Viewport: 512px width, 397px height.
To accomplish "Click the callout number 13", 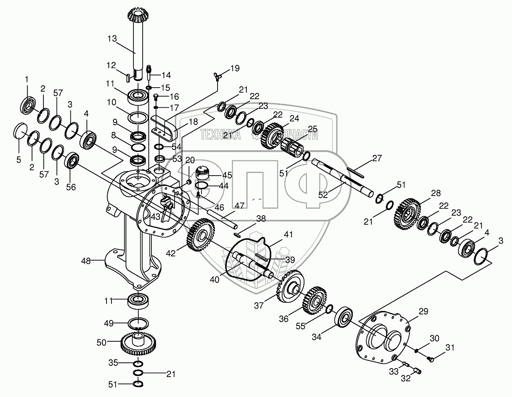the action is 112,39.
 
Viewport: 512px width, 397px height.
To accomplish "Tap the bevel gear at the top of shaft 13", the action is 135,16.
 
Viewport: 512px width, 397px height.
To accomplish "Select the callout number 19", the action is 234,68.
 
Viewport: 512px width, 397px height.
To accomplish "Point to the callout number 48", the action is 86,261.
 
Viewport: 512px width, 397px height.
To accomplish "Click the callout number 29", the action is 423,312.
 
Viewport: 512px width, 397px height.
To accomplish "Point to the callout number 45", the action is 227,175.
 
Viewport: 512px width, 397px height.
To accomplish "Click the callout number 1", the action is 27,79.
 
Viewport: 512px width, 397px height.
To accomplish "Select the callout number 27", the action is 377,158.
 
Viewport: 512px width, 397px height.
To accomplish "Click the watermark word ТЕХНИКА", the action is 220,135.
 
